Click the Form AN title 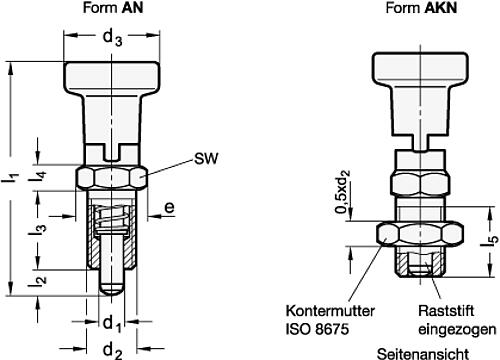click(x=113, y=8)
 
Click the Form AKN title click(x=421, y=8)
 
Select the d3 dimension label click(x=112, y=38)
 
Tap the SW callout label click(x=206, y=158)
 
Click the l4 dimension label click(x=37, y=177)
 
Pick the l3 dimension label click(x=37, y=229)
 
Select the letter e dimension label click(x=169, y=207)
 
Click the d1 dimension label click(x=112, y=324)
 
